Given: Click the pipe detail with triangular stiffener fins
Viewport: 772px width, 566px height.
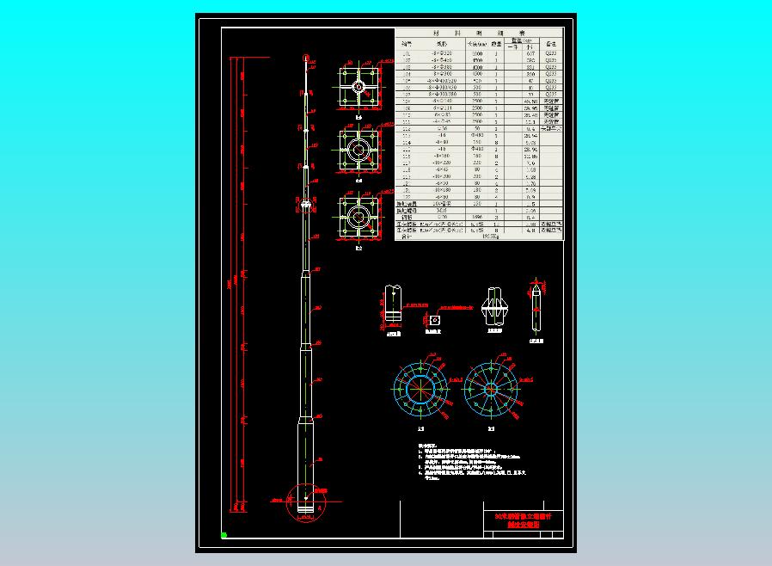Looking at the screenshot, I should coord(494,307).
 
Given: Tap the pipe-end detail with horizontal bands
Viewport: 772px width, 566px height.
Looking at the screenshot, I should coord(393,307).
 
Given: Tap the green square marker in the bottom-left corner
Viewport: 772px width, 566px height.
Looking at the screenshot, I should coord(224,534).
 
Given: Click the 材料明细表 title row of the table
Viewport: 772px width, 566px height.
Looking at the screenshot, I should coord(479,33).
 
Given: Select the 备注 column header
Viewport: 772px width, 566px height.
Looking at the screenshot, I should coord(552,42).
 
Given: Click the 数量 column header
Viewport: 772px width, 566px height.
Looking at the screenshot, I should coord(498,42).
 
